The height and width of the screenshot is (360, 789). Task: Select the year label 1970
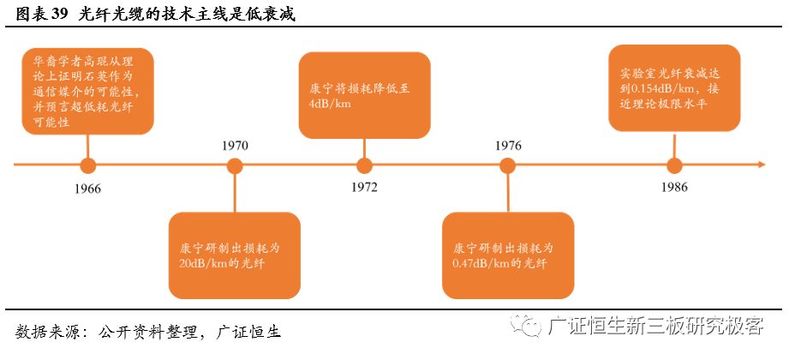pos(234,145)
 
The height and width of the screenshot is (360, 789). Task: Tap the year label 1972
pos(363,187)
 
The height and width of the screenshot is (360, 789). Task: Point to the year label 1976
pos(507,145)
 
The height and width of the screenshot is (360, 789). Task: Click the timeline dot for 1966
pos(87,165)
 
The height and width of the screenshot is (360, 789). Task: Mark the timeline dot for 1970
pos(234,165)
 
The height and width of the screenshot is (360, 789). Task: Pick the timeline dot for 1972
pos(364,165)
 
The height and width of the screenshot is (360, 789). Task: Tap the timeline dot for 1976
pos(507,165)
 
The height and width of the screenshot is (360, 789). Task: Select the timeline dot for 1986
pos(674,165)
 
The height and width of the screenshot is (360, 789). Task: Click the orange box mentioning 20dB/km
pos(234,255)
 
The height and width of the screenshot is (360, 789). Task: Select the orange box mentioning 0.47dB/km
pos(507,255)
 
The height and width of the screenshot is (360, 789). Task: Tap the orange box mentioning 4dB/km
pos(364,94)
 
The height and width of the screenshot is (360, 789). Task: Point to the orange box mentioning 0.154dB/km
pos(674,88)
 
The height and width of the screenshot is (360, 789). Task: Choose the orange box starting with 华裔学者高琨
pos(87,90)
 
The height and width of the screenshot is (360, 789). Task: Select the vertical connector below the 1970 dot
pos(234,193)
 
